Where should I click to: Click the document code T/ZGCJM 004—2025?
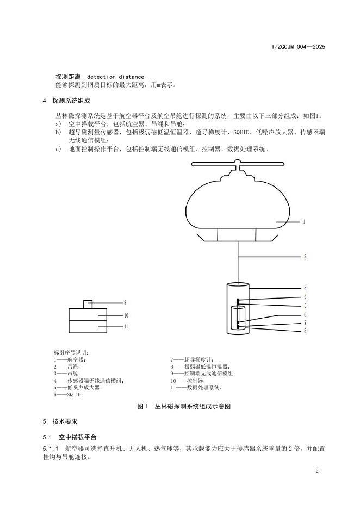(x=298, y=47)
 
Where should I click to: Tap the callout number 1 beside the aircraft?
(x=303, y=222)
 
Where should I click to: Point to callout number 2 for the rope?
(x=305, y=256)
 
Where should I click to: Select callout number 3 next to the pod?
(x=305, y=287)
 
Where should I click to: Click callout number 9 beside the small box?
(x=125, y=302)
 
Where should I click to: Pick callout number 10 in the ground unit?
(x=126, y=315)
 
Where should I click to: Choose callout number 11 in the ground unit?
(x=126, y=326)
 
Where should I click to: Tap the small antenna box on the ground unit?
(x=88, y=303)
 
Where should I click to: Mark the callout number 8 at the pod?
(x=305, y=331)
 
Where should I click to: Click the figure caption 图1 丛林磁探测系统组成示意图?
(x=185, y=406)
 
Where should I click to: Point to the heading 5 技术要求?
(x=60, y=421)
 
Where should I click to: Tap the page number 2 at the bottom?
(x=316, y=470)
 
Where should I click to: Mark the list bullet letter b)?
(x=58, y=132)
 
